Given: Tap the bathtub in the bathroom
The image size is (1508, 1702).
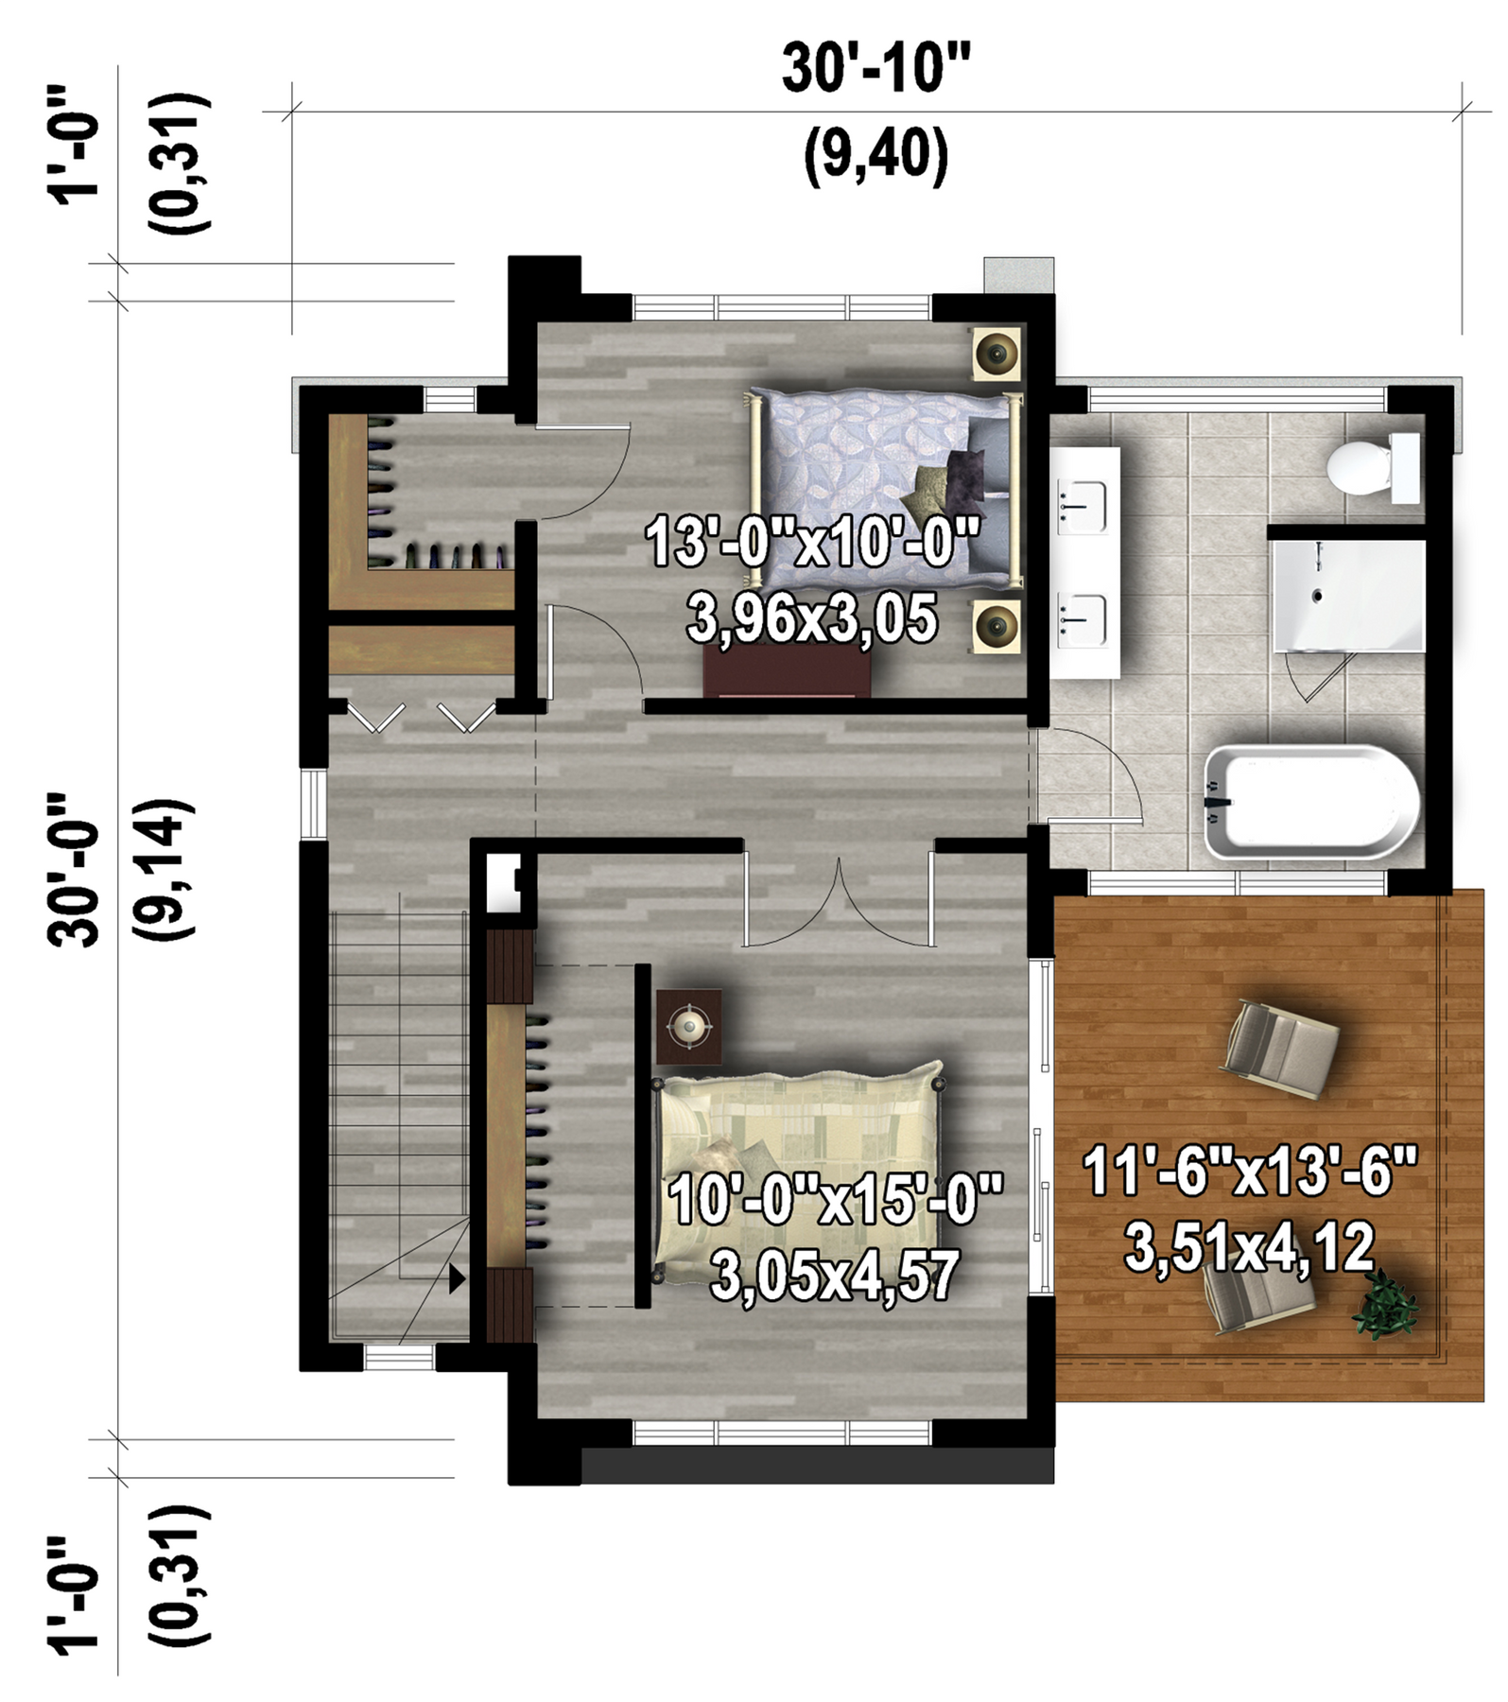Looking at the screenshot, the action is pos(1312,802).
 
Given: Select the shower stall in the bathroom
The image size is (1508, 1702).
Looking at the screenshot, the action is pos(1349,596).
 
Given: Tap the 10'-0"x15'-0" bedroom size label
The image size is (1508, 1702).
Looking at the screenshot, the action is pos(836,1200).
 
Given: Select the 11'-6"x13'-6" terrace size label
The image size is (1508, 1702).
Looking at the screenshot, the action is pos(1250,1172).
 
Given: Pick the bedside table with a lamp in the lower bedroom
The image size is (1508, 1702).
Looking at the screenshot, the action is pos(689,1026).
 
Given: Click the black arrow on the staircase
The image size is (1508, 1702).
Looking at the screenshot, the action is pos(458,1279).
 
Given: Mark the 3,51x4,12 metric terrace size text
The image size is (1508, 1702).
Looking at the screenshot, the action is pos(1250,1247).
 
